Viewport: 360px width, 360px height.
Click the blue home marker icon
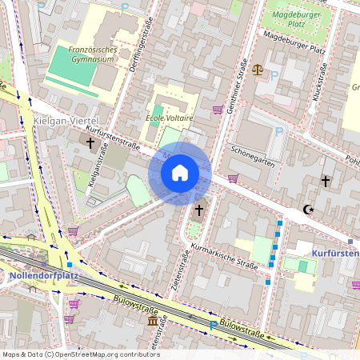180,172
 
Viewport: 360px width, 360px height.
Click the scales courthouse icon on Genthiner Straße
257,70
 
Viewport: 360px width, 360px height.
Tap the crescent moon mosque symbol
306,210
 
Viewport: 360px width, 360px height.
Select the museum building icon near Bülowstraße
153,321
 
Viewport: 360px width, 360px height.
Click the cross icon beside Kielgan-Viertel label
90,144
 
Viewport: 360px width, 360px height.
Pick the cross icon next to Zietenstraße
198,209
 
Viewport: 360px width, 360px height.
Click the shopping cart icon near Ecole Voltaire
217,109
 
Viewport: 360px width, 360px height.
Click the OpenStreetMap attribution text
80,354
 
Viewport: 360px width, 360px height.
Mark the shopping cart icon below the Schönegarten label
233,178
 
